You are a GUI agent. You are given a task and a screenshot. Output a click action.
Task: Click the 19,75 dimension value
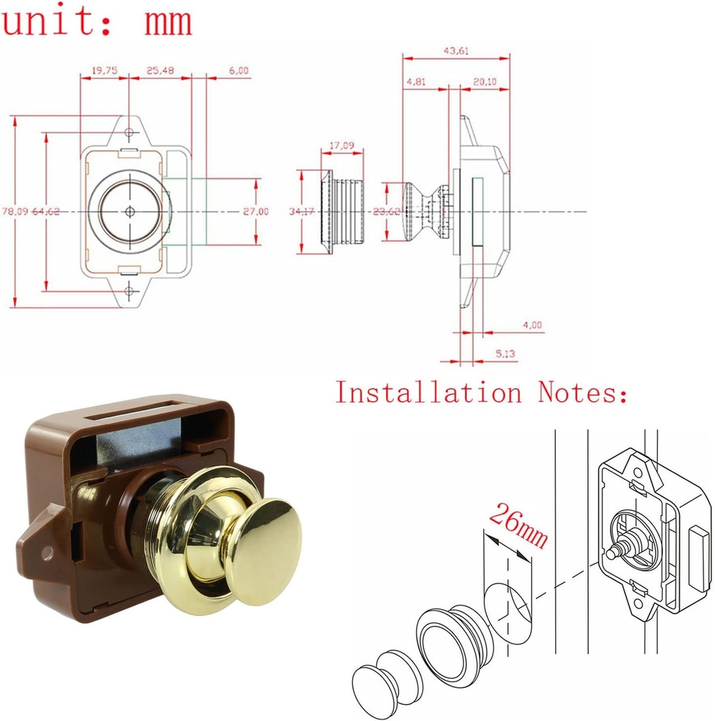tap(104, 70)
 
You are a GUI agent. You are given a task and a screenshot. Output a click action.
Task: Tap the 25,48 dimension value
tap(160, 70)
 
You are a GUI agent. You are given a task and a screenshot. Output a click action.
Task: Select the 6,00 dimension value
tap(239, 70)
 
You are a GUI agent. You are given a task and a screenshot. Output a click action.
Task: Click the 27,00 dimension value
tap(256, 211)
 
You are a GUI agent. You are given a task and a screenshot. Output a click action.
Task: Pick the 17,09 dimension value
tap(342, 146)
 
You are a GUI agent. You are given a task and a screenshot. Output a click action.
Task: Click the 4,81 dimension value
tap(416, 82)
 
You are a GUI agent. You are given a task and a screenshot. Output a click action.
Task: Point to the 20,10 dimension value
tap(485, 82)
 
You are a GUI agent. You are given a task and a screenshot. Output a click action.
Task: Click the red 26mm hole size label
tap(518, 526)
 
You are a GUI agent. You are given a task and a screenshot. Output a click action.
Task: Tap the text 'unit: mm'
tap(97, 21)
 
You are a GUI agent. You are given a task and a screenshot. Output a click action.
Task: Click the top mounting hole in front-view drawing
tap(129, 132)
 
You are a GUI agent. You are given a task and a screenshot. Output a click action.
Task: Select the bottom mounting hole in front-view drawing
tap(129, 290)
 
